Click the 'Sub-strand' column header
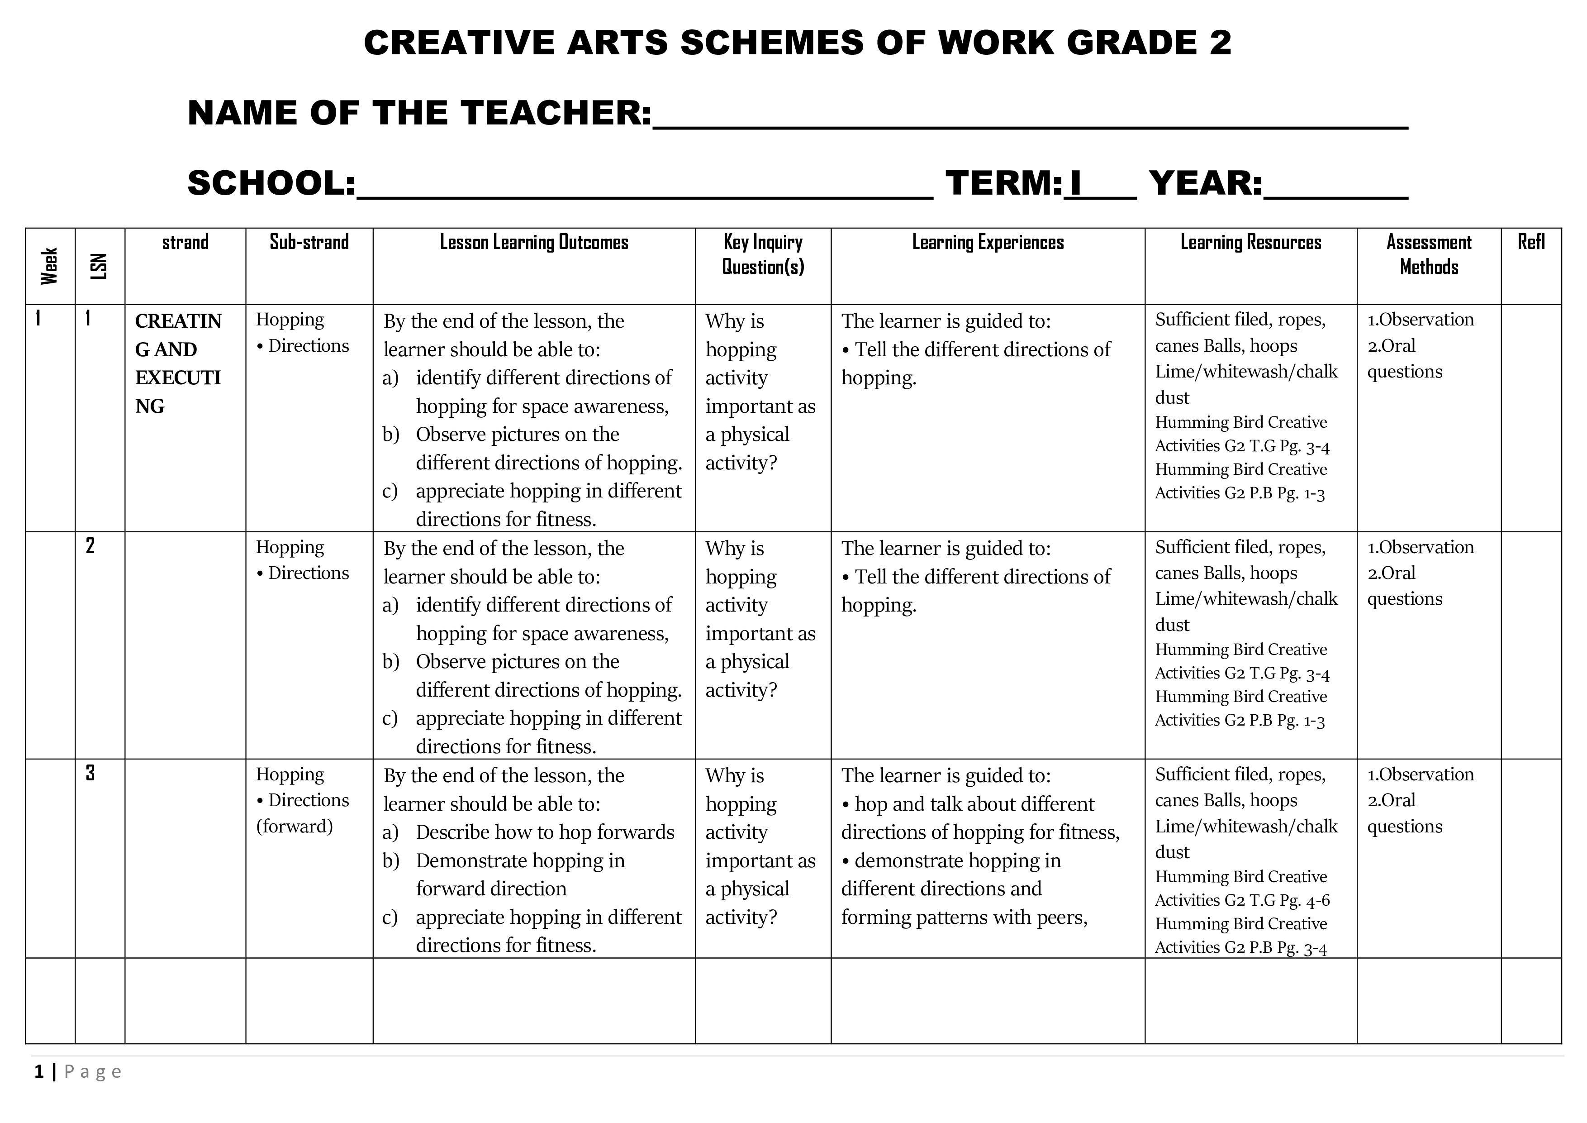309,242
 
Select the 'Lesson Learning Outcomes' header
534,242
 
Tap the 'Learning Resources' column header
1250,242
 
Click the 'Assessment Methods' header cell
1429,254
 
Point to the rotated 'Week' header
49,266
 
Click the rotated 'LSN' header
100,266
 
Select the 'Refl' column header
1531,242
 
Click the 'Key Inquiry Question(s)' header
762,254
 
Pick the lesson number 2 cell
90,545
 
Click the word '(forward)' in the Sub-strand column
295,827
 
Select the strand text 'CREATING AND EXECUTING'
178,363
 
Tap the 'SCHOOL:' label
271,183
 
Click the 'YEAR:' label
1206,183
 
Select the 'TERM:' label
1003,183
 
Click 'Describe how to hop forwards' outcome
545,832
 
